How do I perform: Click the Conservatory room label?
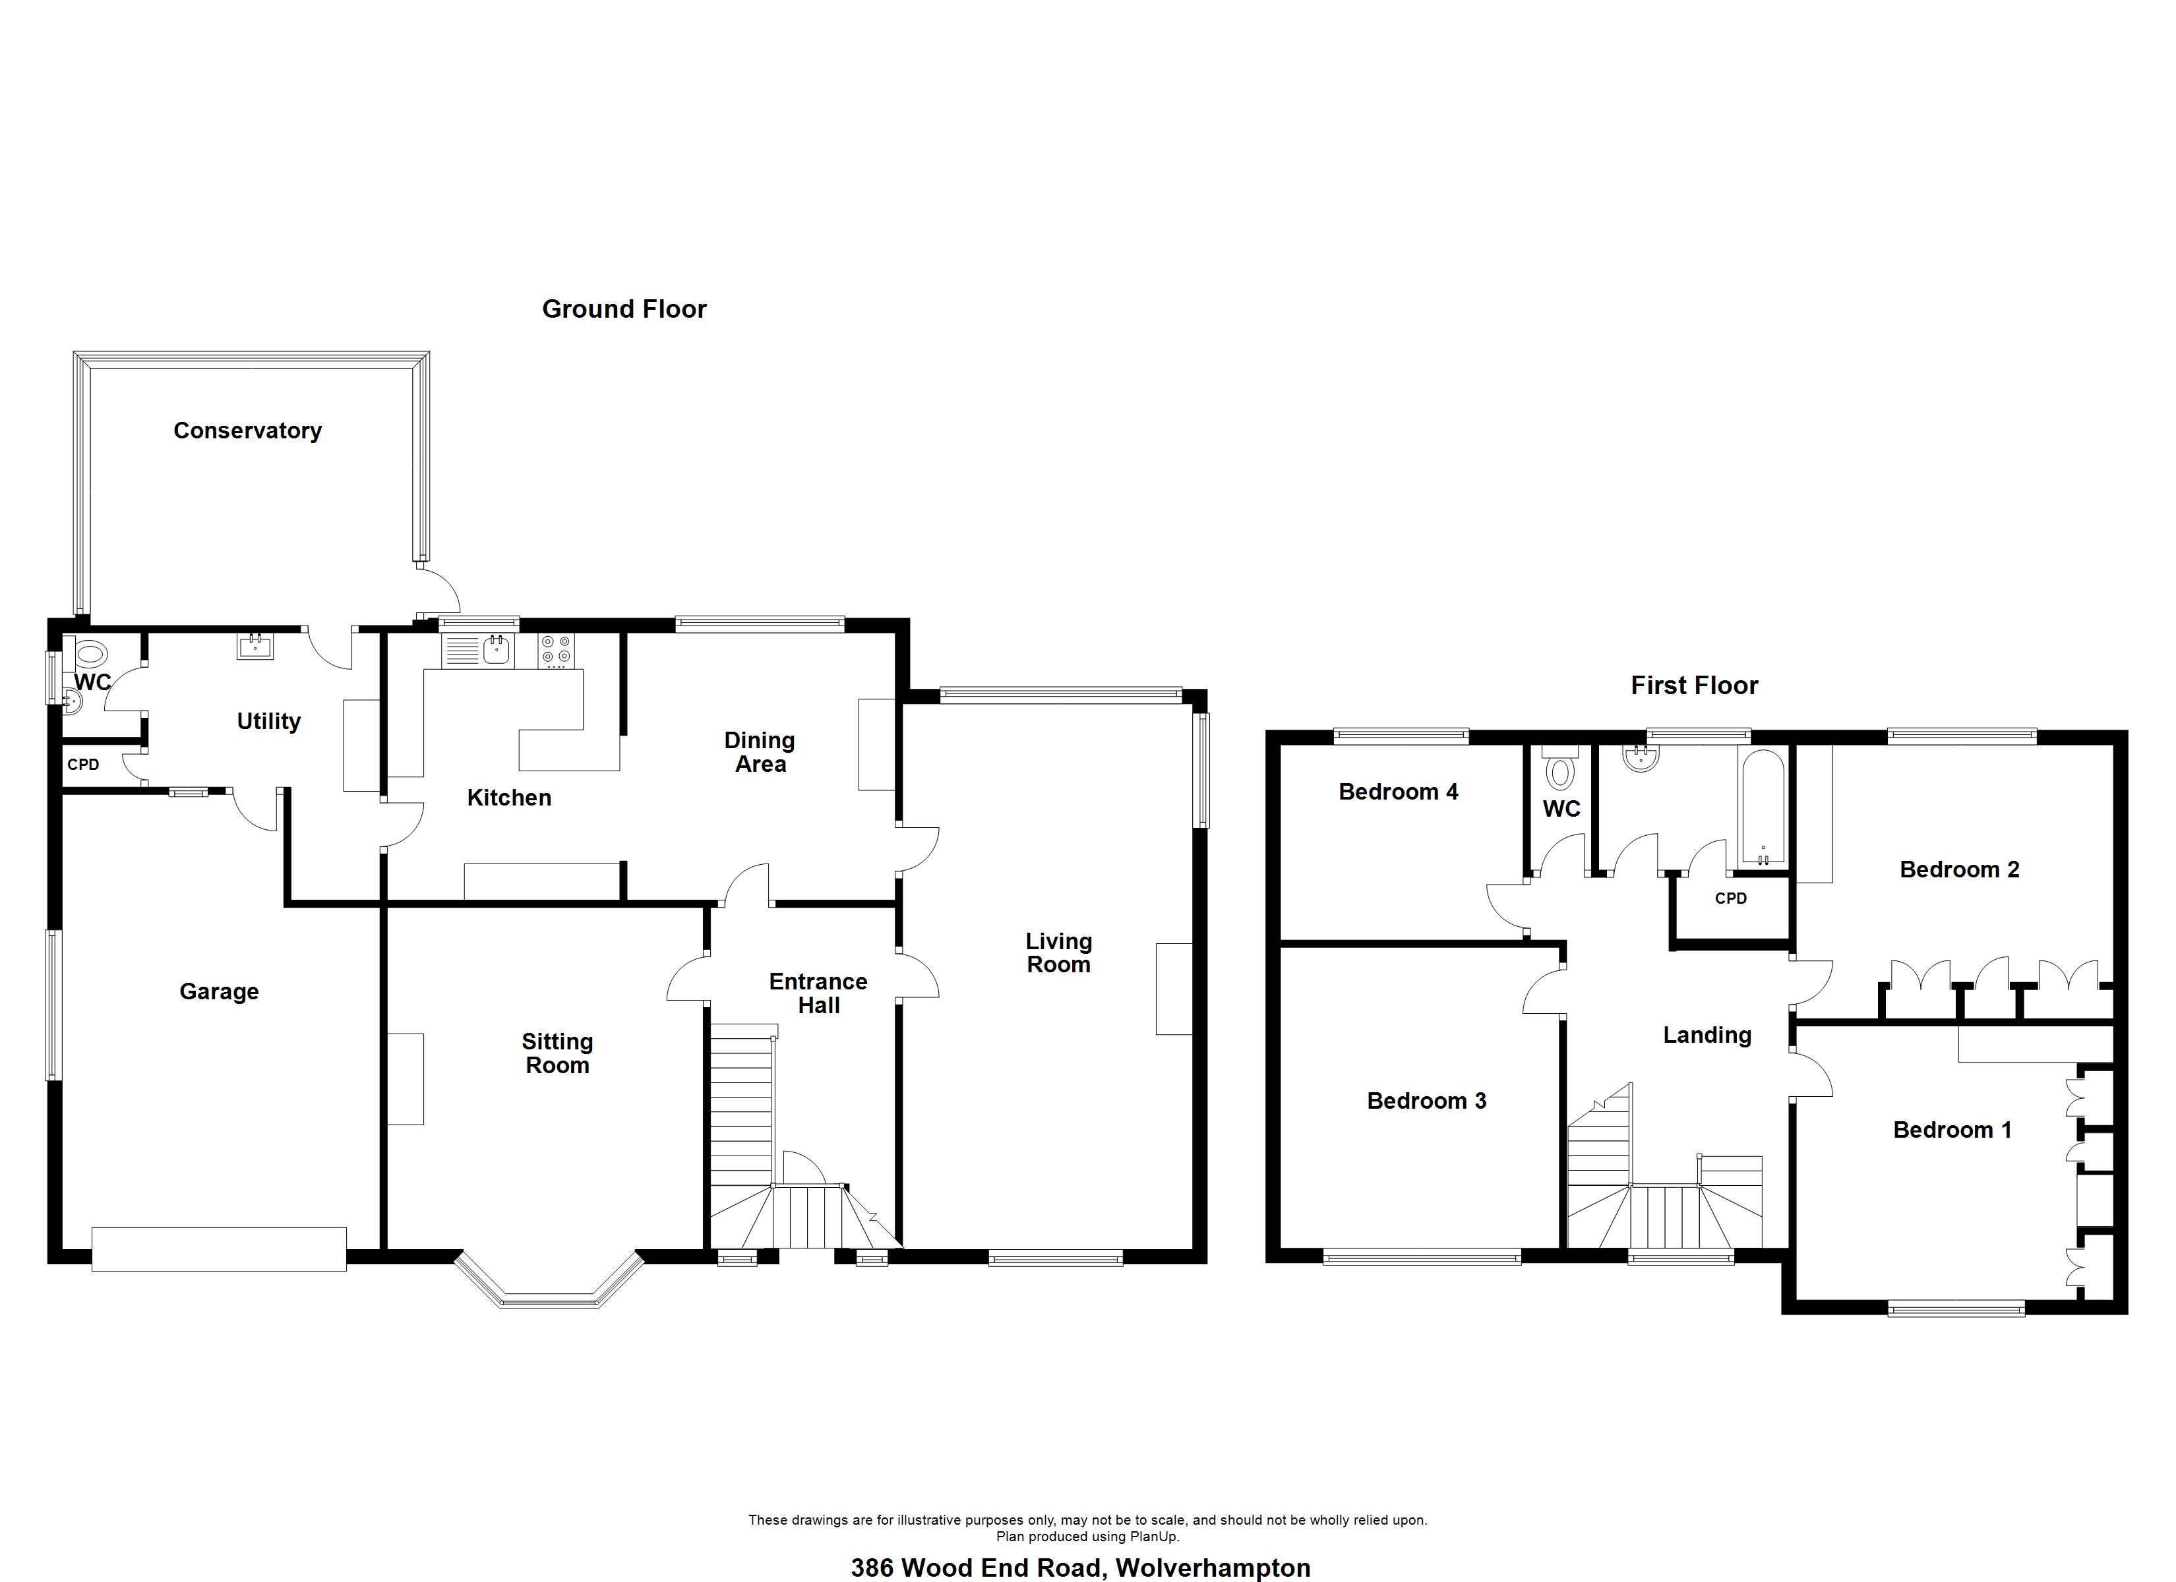tap(247, 430)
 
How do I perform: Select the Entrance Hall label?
tap(818, 993)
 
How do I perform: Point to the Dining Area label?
tap(760, 752)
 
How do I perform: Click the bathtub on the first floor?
tap(1763, 807)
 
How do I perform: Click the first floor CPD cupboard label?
tap(1731, 898)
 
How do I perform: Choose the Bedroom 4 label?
tap(1398, 792)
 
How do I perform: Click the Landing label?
tap(1707, 1035)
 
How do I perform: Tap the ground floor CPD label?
tap(84, 765)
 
